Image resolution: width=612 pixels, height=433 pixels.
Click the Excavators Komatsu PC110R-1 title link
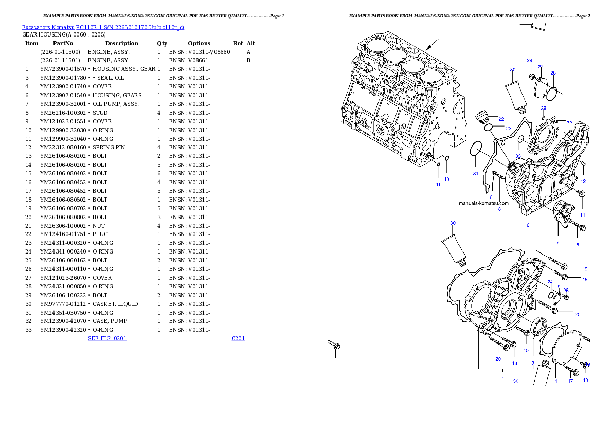point(103,27)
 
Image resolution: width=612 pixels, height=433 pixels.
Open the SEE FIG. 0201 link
point(107,338)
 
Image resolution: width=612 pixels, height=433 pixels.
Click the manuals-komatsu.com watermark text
point(483,203)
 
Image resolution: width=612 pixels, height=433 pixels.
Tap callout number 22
point(501,119)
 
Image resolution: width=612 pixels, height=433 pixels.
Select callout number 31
point(476,174)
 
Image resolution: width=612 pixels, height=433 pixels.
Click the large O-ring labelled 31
point(476,150)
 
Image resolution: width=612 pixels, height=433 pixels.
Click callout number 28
point(553,73)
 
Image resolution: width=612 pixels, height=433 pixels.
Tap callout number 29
point(529,61)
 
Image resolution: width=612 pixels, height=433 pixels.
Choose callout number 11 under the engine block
point(438,184)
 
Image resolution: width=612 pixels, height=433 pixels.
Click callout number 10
point(447,179)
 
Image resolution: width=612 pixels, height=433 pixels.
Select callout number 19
point(585,269)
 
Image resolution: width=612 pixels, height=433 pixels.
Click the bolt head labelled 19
point(564,266)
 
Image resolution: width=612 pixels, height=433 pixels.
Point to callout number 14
point(583,214)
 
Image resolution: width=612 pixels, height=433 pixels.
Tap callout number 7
point(557,242)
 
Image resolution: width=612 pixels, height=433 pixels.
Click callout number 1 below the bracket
point(503,378)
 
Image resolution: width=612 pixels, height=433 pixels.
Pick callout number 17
point(570,381)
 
